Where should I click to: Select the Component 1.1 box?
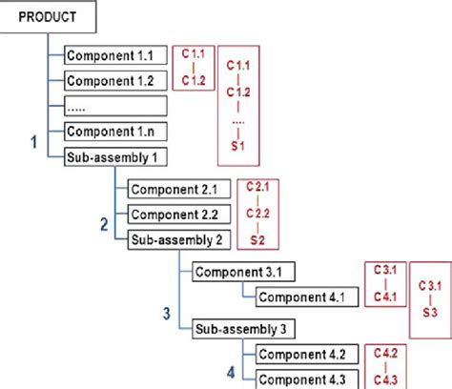[x=115, y=55]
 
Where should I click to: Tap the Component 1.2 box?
[x=115, y=80]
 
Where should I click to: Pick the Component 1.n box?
[x=115, y=130]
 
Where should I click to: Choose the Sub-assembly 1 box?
[x=115, y=154]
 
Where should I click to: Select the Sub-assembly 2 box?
[x=179, y=238]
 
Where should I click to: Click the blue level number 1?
[x=34, y=143]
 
